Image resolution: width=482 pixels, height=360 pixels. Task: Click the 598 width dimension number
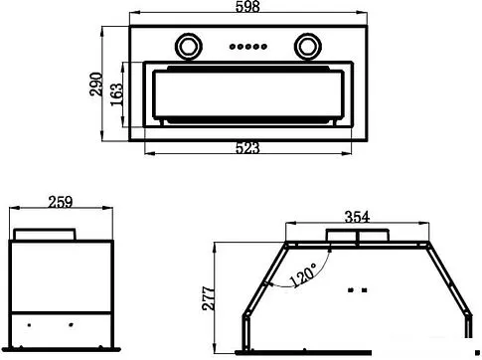(247, 6)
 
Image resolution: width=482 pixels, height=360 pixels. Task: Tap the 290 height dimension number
(96, 84)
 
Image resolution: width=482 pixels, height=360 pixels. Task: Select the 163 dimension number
(116, 94)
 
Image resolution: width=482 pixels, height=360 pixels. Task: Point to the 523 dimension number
(247, 148)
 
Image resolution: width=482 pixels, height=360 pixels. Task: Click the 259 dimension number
(60, 202)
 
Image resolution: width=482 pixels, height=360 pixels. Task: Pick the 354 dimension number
(357, 217)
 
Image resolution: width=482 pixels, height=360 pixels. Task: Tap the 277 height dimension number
(209, 298)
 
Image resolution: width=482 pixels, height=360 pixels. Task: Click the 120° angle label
(303, 274)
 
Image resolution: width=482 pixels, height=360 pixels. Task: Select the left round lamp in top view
(189, 46)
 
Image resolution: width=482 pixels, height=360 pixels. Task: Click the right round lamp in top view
(308, 46)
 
